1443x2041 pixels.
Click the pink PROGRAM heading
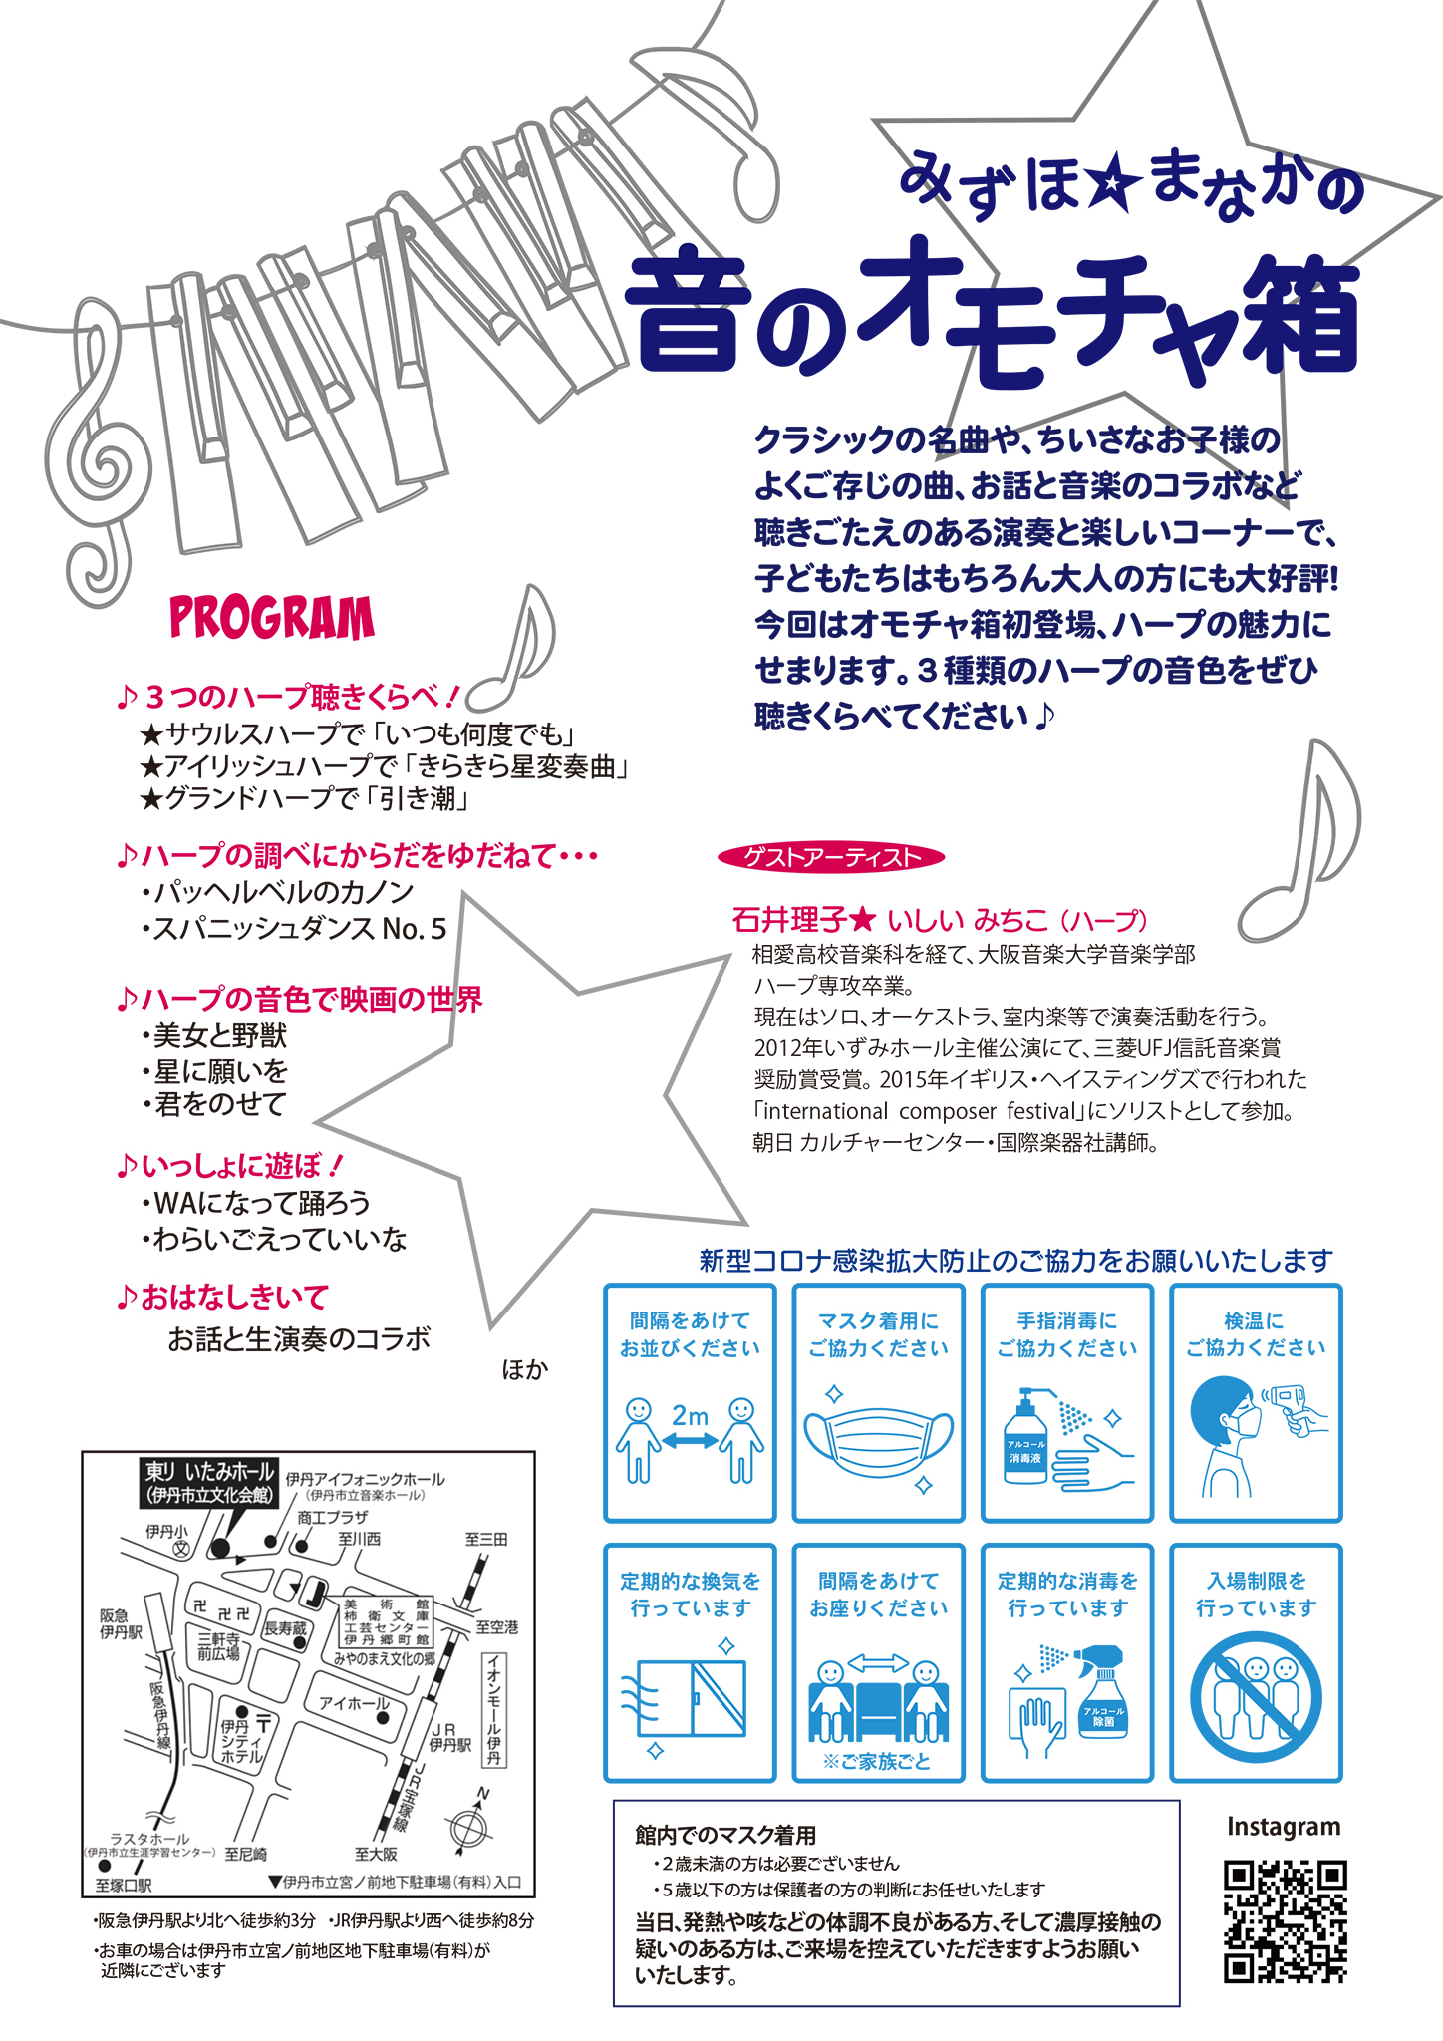[x=272, y=618]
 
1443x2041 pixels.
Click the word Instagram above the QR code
[x=1284, y=1828]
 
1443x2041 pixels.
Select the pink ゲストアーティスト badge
[x=831, y=857]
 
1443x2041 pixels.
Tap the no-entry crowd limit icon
[x=1256, y=1696]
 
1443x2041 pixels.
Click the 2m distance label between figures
[x=690, y=1415]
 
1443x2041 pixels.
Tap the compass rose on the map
[x=468, y=1827]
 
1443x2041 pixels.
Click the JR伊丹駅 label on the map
[x=448, y=1737]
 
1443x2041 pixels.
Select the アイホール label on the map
[x=354, y=1703]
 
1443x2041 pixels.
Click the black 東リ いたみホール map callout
[x=209, y=1482]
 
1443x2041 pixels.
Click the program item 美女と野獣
[x=219, y=1036]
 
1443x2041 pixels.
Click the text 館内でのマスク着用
[x=725, y=1834]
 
